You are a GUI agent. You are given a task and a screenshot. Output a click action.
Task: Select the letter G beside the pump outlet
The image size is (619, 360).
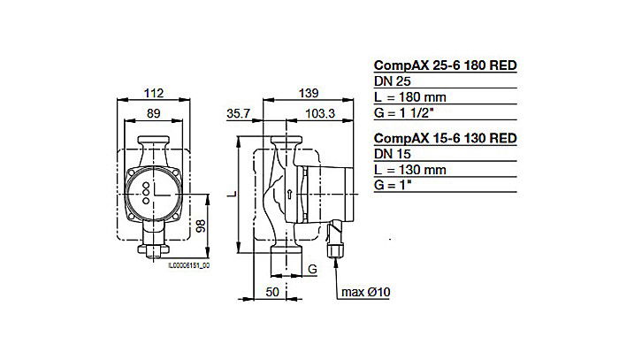tap(311, 266)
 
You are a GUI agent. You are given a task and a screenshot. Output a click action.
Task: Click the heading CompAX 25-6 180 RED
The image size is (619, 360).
tap(445, 65)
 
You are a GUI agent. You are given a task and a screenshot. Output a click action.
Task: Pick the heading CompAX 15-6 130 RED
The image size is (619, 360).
tap(445, 138)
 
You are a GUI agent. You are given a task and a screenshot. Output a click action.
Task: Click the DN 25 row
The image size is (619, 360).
tap(394, 80)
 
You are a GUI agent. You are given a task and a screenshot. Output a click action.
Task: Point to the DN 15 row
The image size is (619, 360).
tap(394, 154)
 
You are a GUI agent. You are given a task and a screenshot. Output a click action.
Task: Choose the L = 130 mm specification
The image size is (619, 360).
tap(413, 170)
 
